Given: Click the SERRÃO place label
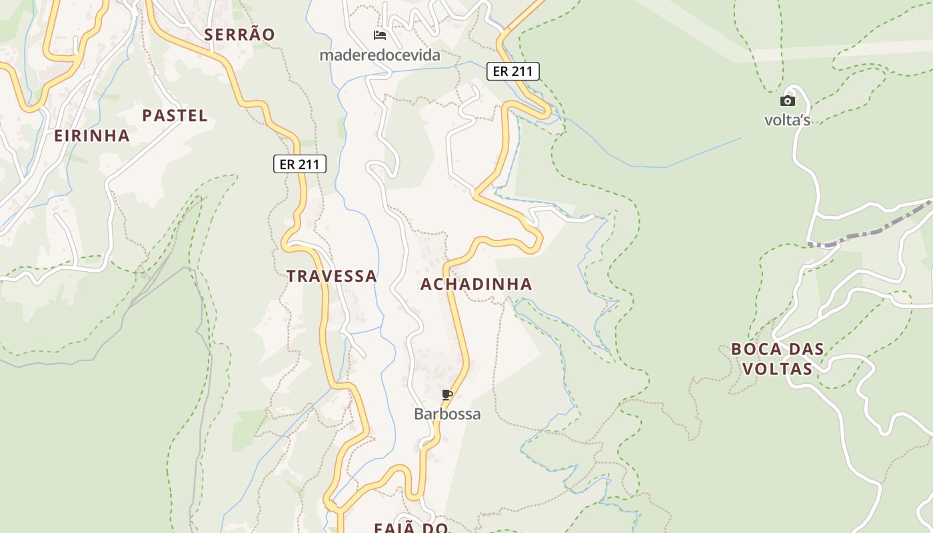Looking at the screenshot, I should coord(239,35).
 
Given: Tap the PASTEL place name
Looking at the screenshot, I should coord(175,116).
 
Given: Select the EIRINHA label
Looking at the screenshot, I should coord(92,136).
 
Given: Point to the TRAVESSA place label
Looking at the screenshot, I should coord(332,276).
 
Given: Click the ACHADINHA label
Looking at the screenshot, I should coord(476,284).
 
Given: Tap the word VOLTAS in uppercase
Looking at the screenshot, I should coord(777,369).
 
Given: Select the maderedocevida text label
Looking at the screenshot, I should coord(380,55).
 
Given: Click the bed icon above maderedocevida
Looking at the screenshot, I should coord(380,35).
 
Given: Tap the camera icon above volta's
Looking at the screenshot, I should coord(788,101).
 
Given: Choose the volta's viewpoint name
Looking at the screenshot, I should coord(787,121).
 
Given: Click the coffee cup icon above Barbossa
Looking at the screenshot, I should coord(447,394).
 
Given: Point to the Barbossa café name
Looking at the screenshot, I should coord(447,414).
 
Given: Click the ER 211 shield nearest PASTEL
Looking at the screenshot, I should coord(300,164).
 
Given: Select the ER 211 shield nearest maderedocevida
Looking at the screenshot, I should coord(512,71).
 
